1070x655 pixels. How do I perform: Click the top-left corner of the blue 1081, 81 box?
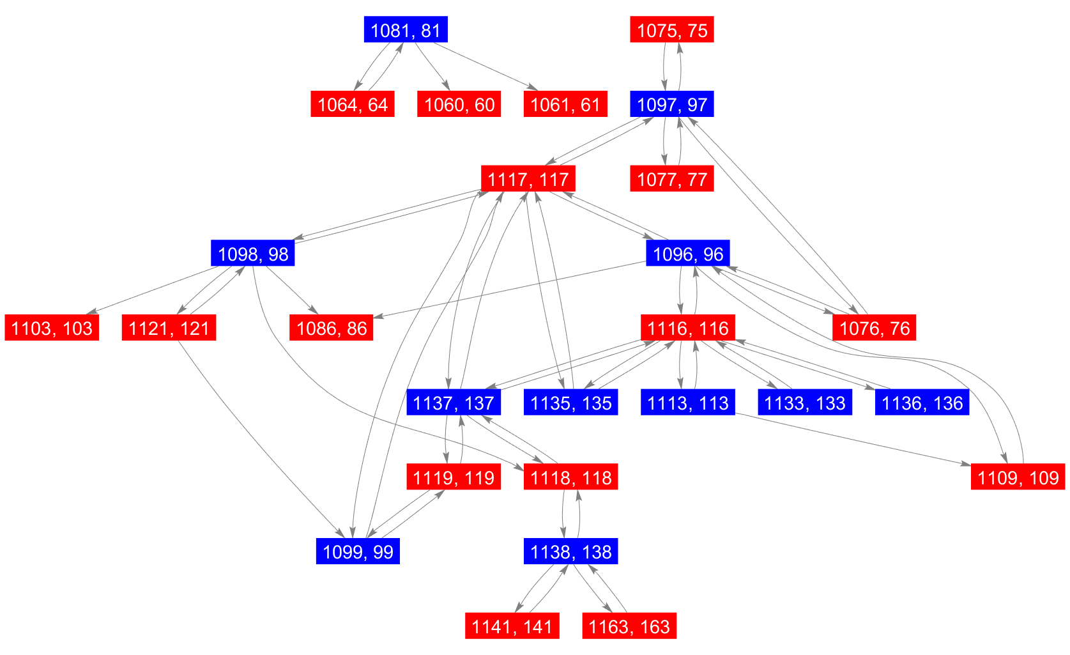point(364,16)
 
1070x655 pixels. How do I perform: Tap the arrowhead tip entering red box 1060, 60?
point(450,90)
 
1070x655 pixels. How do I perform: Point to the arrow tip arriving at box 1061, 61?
point(538,90)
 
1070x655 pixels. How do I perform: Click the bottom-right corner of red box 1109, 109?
point(1066,489)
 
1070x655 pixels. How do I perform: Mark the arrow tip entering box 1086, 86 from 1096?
point(374,318)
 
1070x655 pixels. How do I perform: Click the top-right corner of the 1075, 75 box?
point(714,16)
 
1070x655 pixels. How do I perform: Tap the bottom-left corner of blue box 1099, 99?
point(316,564)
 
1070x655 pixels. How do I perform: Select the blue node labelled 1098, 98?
point(253,252)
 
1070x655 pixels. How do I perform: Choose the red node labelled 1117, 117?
point(528,178)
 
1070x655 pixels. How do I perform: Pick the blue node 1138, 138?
point(571,551)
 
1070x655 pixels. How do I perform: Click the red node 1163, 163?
point(629,626)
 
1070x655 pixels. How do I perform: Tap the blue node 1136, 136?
point(922,402)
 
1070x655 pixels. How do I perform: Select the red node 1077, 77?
point(672,178)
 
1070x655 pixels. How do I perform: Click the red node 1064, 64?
point(353,104)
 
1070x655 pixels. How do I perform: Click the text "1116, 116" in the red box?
point(688,328)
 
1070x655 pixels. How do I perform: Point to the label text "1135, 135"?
point(571,403)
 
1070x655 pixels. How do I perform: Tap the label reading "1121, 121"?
point(169,328)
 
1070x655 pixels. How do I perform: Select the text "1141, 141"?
point(512,626)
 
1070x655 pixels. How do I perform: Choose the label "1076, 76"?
point(874,328)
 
